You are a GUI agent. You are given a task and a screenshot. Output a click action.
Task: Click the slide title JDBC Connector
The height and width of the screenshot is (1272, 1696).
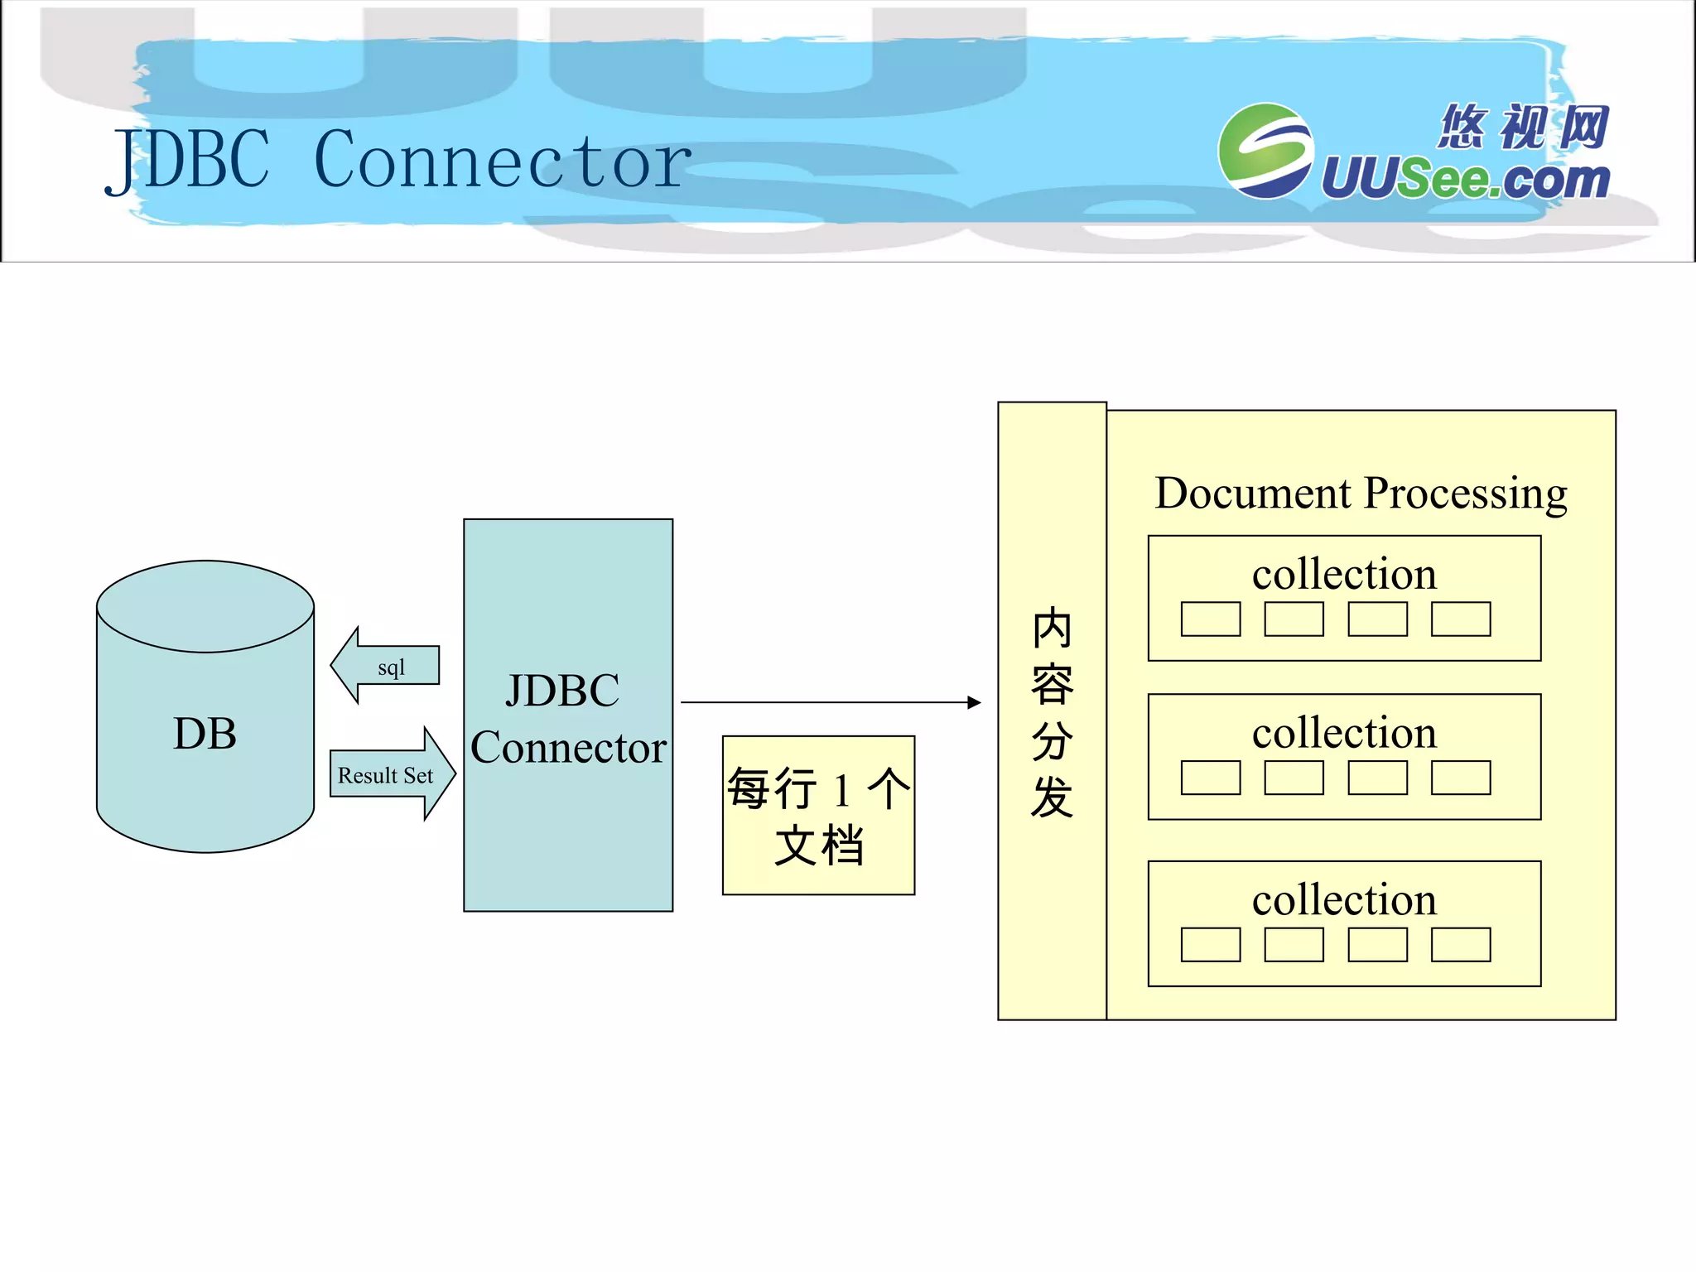coord(397,160)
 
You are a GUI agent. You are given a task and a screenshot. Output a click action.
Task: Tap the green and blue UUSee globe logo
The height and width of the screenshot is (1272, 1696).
coord(1265,151)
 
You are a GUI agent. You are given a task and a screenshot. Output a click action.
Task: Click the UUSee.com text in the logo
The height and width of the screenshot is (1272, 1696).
coord(1464,179)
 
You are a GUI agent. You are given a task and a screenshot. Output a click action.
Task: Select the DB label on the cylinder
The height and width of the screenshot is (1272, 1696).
coord(205,734)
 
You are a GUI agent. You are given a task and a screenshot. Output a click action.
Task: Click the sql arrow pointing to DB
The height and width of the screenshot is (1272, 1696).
coord(386,666)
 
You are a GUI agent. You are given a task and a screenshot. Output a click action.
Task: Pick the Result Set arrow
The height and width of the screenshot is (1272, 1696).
coord(391,774)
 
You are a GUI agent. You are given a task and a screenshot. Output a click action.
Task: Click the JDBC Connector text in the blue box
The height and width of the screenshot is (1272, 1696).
coord(568,718)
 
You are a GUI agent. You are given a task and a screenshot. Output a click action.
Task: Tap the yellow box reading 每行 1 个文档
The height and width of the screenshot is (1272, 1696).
coord(818,816)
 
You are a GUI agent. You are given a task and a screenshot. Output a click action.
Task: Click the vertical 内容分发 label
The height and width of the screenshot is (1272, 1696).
coord(1052,712)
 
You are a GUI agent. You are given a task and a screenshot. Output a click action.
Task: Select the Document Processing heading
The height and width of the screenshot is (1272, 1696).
coord(1361,493)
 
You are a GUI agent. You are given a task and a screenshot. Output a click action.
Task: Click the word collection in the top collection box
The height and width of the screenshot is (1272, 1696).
coord(1344,574)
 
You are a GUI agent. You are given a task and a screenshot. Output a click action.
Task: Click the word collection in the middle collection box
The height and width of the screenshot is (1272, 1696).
coord(1344,733)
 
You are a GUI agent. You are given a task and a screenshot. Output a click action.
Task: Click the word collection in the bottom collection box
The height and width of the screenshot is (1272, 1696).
coord(1344,899)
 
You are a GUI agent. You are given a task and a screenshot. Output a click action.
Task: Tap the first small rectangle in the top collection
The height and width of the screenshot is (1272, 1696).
coord(1211,619)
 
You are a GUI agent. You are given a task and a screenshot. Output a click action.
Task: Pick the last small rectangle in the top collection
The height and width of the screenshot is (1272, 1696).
coord(1461,619)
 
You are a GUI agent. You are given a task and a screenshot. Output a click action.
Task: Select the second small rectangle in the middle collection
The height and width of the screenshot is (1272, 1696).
coord(1294,778)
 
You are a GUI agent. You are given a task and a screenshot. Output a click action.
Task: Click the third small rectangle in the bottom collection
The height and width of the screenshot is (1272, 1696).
coord(1377,944)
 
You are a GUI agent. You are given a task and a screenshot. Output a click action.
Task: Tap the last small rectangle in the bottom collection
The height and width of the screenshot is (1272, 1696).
coord(1461,944)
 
